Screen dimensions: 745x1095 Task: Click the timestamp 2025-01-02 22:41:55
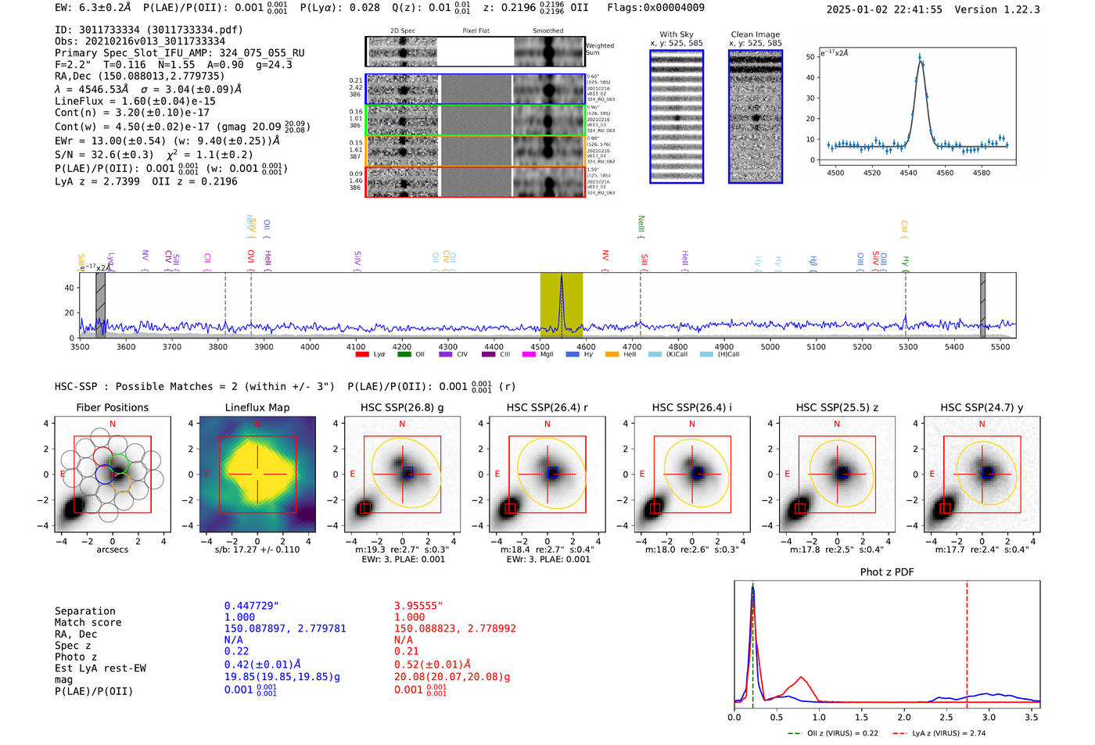point(884,9)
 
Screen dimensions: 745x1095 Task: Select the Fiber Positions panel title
point(112,407)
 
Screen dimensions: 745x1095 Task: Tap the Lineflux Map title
point(257,407)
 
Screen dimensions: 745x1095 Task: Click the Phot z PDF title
point(887,571)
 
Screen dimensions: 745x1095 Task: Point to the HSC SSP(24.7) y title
point(982,407)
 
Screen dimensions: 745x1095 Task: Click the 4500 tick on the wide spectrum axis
point(540,347)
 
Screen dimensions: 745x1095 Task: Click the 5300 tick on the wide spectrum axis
point(908,347)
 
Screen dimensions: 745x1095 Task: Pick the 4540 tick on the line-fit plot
point(908,173)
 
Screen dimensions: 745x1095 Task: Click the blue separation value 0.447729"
point(251,606)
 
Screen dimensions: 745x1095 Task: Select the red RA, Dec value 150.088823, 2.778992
point(454,629)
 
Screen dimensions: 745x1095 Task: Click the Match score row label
point(88,622)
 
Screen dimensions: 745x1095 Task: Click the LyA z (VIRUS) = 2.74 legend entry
point(949,733)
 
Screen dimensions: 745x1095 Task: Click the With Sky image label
point(677,34)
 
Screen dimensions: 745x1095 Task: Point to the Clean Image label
point(755,34)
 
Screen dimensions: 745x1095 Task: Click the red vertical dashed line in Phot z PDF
point(967,641)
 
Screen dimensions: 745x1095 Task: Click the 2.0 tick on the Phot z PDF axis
point(903,717)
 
